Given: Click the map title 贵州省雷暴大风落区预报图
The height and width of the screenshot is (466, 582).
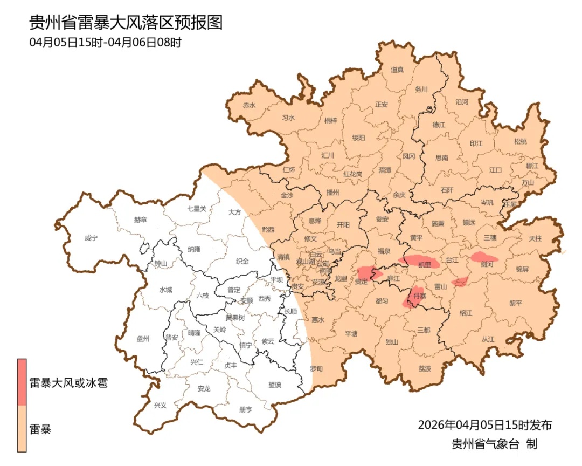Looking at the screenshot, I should [126, 23].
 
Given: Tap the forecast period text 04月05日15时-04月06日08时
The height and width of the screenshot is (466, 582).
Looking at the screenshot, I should [106, 42].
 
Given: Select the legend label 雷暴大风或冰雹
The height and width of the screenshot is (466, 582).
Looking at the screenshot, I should [68, 383].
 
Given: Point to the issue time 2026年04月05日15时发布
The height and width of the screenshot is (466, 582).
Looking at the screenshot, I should [484, 425].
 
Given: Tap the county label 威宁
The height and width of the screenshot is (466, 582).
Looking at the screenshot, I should [92, 238].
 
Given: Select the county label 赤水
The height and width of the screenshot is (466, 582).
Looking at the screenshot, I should [249, 106].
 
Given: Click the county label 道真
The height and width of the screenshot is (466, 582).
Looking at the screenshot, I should [397, 70].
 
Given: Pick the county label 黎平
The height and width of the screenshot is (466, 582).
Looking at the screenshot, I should [516, 303].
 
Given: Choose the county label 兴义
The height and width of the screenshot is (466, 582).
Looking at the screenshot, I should [160, 405].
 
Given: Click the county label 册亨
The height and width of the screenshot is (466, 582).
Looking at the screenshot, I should [245, 409].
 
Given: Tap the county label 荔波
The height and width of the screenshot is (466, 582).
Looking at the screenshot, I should [425, 369].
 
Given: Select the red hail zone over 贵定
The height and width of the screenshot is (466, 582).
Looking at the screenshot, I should [368, 273].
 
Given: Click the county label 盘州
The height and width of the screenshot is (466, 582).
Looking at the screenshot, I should [143, 339].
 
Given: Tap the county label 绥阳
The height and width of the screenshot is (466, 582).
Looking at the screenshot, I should [358, 138].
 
